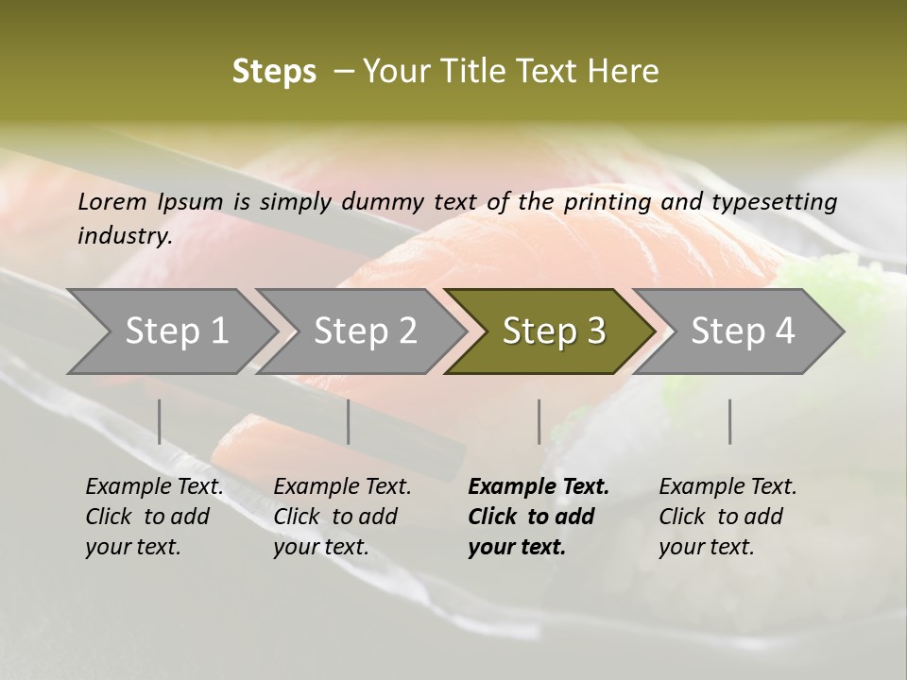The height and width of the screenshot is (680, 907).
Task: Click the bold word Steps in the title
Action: pyautogui.click(x=274, y=72)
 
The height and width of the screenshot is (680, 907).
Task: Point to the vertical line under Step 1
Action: pyautogui.click(x=160, y=421)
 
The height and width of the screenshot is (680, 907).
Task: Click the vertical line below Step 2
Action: pyautogui.click(x=349, y=421)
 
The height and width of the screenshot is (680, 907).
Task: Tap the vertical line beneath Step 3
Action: pyautogui.click(x=539, y=421)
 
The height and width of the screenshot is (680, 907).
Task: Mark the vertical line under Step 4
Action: pyautogui.click(x=729, y=421)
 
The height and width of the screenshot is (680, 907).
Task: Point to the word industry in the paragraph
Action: pyautogui.click(x=123, y=236)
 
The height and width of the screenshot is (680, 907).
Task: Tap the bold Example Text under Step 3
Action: pyautogui.click(x=539, y=487)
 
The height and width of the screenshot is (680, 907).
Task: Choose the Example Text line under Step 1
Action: pyautogui.click(x=155, y=487)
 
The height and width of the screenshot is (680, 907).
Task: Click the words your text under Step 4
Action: pyautogui.click(x=707, y=548)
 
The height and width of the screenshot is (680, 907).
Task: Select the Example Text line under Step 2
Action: pyautogui.click(x=342, y=487)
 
